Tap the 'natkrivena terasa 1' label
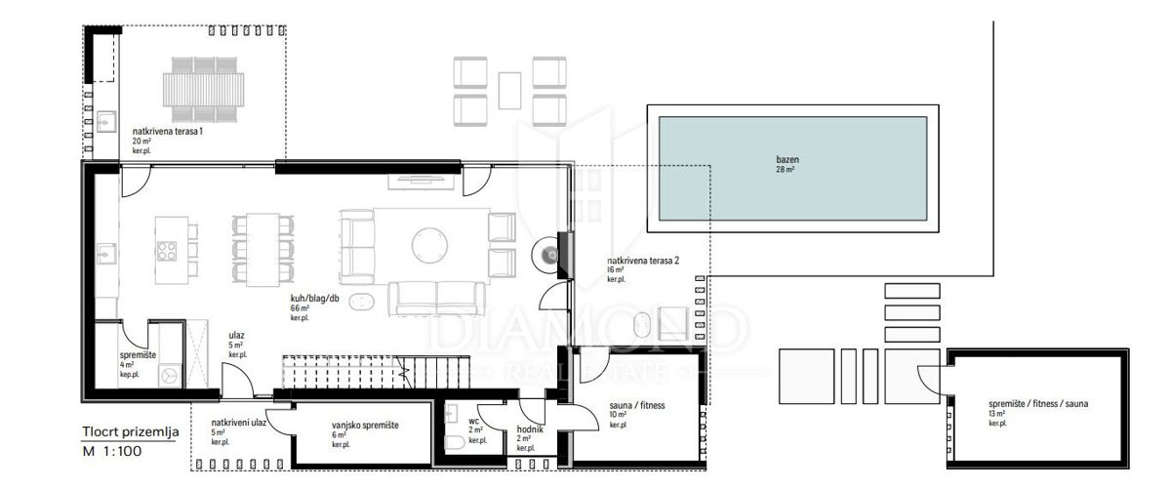168,131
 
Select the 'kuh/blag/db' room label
312,298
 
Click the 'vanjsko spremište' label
365,426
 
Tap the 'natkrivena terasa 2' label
642,261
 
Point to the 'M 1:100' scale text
112,452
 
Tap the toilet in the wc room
456,444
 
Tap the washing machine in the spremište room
170,374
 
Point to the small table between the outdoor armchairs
509,90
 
